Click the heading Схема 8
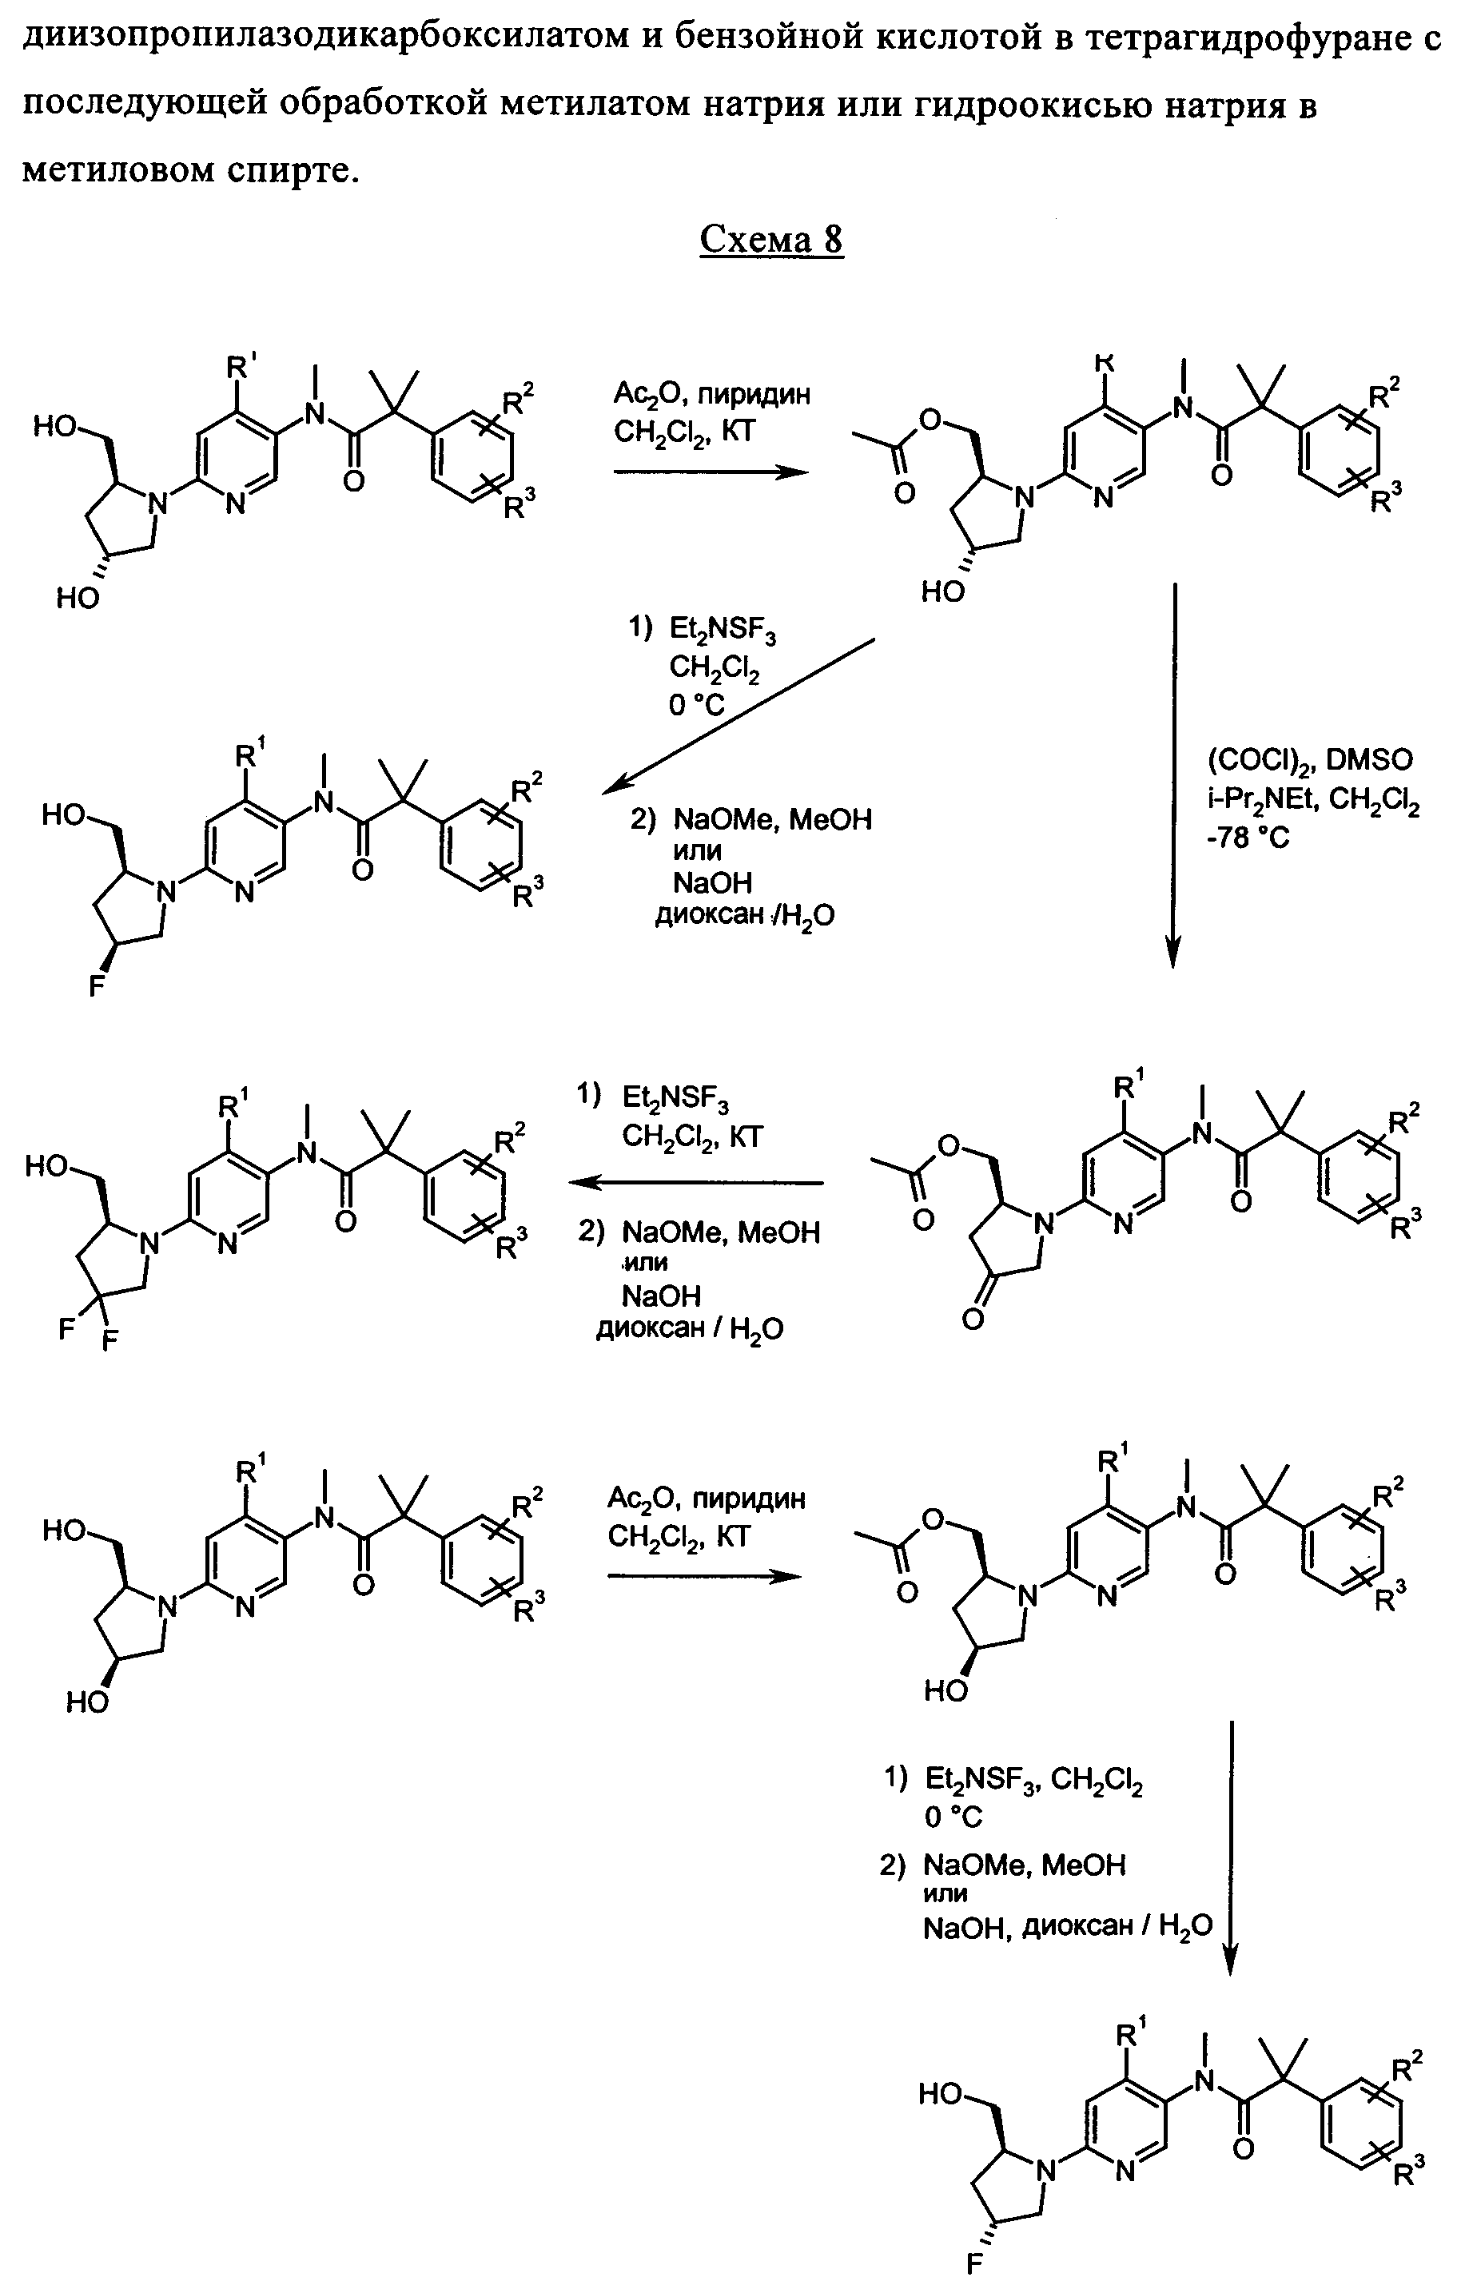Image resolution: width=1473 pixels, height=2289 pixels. [x=771, y=239]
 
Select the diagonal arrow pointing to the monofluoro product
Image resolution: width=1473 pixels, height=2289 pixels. [x=738, y=716]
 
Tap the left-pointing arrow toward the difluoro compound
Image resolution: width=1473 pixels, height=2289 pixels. [x=695, y=1183]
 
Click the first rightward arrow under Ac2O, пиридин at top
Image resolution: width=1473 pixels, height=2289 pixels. [x=710, y=472]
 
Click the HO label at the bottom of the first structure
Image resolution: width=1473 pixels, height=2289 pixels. [x=78, y=598]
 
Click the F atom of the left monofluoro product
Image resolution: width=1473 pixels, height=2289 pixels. [x=97, y=985]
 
